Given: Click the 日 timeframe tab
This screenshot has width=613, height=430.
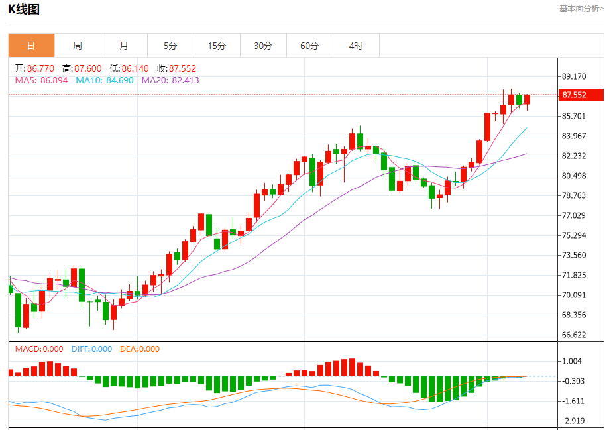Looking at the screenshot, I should (x=31, y=46).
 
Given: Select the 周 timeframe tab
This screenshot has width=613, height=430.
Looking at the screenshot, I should (x=78, y=46).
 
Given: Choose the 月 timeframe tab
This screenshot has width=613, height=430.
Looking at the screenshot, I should (x=124, y=46).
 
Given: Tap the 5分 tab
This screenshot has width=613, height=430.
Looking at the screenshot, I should (x=170, y=46).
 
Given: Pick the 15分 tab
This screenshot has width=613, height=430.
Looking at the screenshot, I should (x=217, y=46).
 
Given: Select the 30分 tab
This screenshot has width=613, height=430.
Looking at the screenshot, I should (x=263, y=46).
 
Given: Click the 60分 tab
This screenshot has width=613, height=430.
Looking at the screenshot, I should (x=309, y=46).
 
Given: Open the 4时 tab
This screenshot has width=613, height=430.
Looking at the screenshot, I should (x=356, y=46).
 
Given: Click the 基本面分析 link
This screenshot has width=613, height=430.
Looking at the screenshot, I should (x=581, y=9).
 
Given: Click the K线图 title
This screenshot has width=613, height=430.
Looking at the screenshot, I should (x=24, y=9).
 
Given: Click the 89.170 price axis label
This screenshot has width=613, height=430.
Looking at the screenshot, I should (x=573, y=76).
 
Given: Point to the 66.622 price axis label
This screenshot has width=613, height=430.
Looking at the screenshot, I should (x=573, y=335).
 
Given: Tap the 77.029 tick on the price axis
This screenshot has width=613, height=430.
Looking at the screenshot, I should (x=573, y=215).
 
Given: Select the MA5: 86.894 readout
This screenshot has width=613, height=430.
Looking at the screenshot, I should (x=41, y=80).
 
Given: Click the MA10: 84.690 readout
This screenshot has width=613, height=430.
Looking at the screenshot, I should (x=105, y=80).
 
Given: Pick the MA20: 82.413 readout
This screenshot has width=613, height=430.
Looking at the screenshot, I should (x=170, y=80).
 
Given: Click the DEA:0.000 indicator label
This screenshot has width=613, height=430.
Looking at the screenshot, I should (x=140, y=349).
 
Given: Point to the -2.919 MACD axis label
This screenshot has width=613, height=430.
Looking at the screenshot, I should (x=573, y=421).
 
